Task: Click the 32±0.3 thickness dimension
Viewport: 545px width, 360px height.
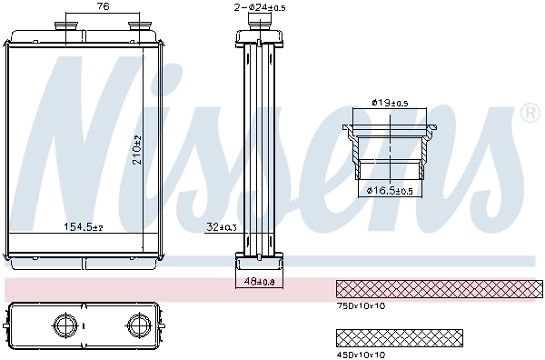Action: coord(221,226)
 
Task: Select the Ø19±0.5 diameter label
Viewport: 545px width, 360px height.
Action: coord(391,103)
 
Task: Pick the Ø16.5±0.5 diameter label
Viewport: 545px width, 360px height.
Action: coord(391,190)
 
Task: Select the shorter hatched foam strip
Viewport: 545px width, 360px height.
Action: coord(399,337)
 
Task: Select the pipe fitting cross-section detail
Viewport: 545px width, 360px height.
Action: coord(391,150)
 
